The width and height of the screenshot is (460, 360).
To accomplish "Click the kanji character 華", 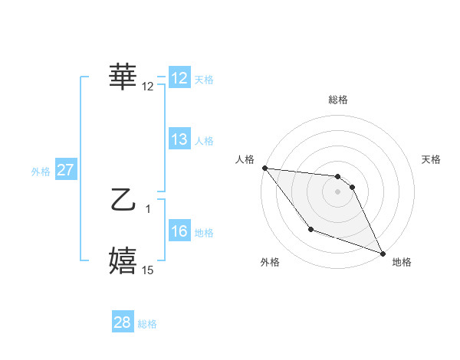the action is (123, 77).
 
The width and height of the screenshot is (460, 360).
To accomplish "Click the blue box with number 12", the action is (179, 78).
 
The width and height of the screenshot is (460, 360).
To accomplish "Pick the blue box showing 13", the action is (179, 139).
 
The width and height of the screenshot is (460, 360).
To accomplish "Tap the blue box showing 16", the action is (179, 231).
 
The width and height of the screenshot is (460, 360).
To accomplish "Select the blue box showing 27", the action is (65, 170).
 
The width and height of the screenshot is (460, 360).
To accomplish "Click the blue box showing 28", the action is (122, 322).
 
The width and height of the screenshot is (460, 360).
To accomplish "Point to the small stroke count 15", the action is (148, 270).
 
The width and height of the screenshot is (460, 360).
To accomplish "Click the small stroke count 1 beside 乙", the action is (148, 208).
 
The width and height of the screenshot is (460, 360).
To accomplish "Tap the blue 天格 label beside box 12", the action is (204, 80).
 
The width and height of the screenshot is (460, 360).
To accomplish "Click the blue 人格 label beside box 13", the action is (204, 141).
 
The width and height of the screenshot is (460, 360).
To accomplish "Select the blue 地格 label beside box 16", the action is (204, 233).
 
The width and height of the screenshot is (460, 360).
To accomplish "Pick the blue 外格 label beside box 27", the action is (41, 172).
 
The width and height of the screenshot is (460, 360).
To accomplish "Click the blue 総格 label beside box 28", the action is (147, 324).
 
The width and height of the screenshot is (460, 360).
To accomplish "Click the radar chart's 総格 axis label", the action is (338, 100).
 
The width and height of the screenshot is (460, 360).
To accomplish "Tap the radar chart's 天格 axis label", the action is (432, 159).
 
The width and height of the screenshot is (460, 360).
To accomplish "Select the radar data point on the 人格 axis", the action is (264, 168).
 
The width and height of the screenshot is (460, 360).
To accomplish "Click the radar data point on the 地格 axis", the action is (383, 254).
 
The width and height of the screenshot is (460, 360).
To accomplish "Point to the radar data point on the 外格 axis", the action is (310, 229).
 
